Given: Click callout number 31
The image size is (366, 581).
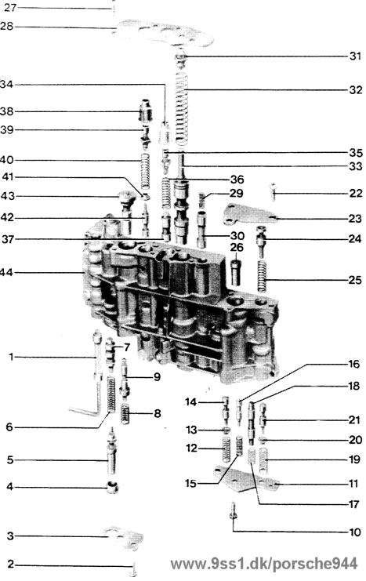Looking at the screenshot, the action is point(355,56).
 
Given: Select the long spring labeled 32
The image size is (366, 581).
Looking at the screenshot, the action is point(182,108).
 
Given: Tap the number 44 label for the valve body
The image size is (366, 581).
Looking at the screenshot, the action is point(6,273).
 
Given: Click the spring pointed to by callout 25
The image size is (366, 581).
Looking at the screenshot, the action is point(263,276).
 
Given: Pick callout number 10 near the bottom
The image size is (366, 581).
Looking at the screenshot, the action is point(355,532).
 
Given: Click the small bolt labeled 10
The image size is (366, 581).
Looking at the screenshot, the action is point(234,510).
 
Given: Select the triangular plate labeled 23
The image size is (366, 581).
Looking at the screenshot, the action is point(251,215).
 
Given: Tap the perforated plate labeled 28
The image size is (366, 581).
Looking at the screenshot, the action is point(165,34).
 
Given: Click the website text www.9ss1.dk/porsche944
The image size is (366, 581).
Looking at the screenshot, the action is point(264,564).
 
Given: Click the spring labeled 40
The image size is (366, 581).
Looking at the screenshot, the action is point(146,171).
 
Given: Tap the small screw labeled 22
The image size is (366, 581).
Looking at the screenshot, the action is point(274,191).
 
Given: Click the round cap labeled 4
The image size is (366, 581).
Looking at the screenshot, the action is point(113,487).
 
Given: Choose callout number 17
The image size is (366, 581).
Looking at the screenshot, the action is point(354,504).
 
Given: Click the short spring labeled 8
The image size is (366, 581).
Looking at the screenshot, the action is point(125,414).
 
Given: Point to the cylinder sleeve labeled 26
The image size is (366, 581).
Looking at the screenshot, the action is point(236,272).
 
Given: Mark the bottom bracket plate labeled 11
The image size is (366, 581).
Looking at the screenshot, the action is point(246,480).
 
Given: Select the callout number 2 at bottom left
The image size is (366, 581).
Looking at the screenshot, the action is point(10,565).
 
